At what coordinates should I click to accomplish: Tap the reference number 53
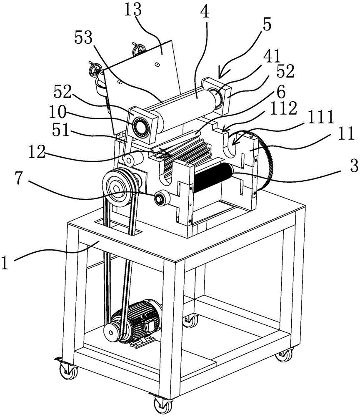point(83,38)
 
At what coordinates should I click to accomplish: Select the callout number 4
point(205,11)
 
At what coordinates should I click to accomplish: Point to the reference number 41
point(272,56)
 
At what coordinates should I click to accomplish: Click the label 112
point(283,108)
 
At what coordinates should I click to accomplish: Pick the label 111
point(320,117)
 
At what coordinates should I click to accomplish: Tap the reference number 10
point(57,112)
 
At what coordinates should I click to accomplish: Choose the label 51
point(61,131)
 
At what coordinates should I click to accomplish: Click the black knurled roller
point(213,177)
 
